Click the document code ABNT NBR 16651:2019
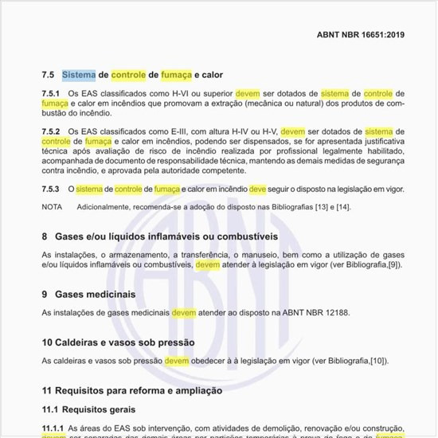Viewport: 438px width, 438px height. [x=361, y=36]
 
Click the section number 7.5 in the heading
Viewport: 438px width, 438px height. [x=48, y=75]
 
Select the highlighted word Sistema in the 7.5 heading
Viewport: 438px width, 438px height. [x=79, y=75]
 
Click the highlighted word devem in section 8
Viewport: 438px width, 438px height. [x=209, y=264]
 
